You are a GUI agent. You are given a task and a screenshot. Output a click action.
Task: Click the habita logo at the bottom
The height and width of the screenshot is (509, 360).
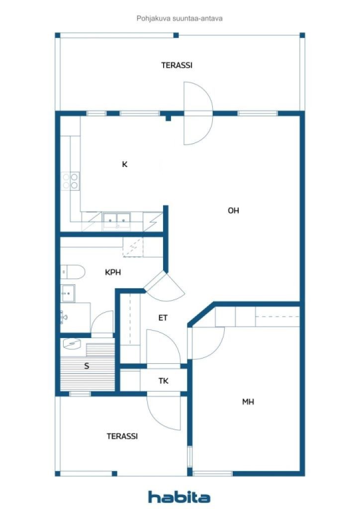coord(179,497)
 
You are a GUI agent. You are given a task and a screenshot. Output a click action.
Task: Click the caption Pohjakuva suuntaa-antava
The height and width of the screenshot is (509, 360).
coord(180,18)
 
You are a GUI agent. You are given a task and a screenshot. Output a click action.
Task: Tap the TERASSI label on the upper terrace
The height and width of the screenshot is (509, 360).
coord(177,65)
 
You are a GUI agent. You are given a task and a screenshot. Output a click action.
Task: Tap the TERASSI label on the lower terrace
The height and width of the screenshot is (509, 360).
coord(122,436)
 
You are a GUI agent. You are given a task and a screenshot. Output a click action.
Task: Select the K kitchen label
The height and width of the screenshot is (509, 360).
coord(124,165)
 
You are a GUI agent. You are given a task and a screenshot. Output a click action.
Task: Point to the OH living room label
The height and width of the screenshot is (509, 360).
coord(233,211)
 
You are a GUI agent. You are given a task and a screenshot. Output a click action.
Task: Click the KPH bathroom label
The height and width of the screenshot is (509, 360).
coord(113,272)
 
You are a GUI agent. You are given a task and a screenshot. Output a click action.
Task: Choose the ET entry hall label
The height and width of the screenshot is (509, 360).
coord(163,318)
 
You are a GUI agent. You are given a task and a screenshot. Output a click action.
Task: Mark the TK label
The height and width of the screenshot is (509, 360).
coord(163,381)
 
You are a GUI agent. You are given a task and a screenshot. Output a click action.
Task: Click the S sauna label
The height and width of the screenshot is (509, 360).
coord(87,366)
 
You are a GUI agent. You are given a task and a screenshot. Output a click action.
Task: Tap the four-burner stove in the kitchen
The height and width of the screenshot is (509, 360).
coord(70,180)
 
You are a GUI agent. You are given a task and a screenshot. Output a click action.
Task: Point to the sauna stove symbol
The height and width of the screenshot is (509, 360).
coord(73,343)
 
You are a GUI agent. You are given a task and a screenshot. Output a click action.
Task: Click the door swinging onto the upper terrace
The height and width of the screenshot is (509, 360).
coord(197,112)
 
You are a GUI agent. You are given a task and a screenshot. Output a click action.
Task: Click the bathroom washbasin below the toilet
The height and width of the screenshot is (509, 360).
coord(68,293)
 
